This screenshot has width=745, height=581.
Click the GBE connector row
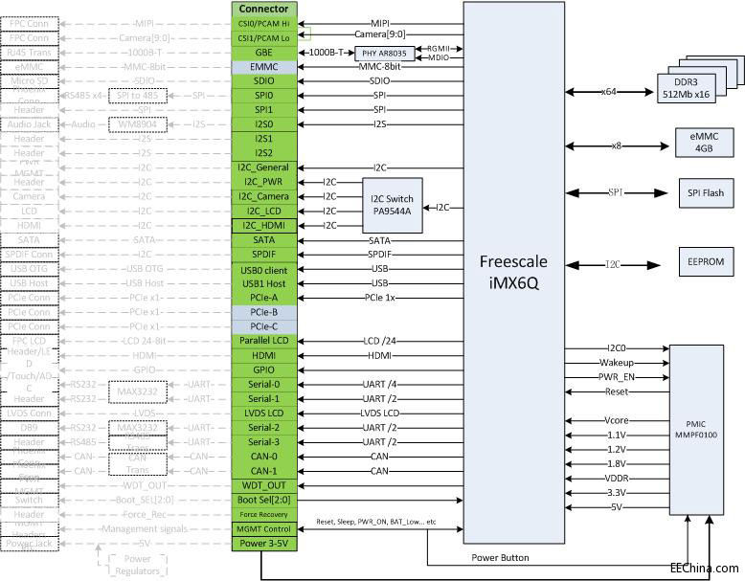click(x=264, y=53)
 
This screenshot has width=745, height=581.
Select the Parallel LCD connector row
click(x=264, y=340)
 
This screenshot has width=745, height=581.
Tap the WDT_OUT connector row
click(x=264, y=485)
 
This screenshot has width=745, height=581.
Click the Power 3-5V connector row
click(x=264, y=544)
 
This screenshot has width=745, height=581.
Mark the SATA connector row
click(x=264, y=240)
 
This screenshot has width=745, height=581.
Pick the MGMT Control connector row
click(x=264, y=528)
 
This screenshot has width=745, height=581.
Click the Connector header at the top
click(x=264, y=8)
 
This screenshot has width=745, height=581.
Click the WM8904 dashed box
click(x=137, y=124)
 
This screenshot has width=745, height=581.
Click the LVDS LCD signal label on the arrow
click(x=379, y=413)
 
